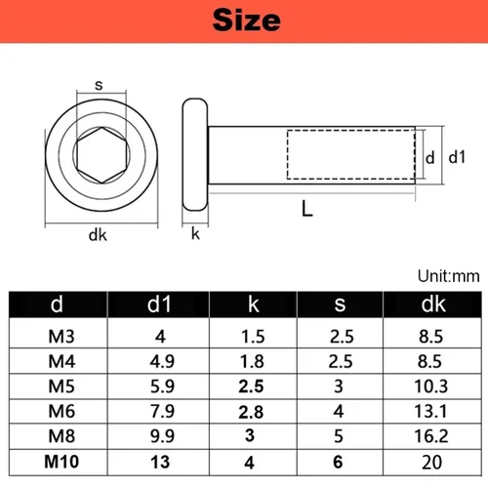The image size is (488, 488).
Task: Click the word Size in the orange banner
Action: (244, 20)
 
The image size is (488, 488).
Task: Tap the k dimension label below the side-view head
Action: (195, 233)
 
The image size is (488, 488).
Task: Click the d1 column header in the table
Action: (157, 306)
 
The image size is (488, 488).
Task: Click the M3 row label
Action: (58, 338)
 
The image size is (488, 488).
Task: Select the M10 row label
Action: (58, 462)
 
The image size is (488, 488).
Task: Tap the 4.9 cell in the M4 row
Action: (157, 362)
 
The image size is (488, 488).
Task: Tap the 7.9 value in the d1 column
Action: (157, 412)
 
